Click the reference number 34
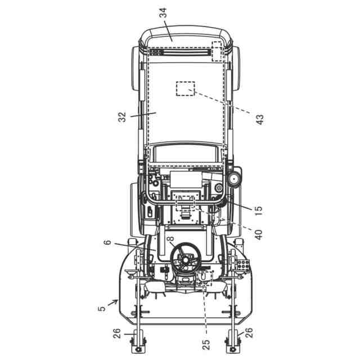click(x=163, y=13)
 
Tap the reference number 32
click(x=122, y=117)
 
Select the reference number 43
click(x=260, y=120)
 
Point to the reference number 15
click(x=258, y=209)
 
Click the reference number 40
click(x=259, y=235)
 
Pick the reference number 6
click(x=107, y=242)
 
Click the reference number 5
click(x=102, y=308)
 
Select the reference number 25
click(x=206, y=345)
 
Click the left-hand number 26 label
click(x=116, y=334)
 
